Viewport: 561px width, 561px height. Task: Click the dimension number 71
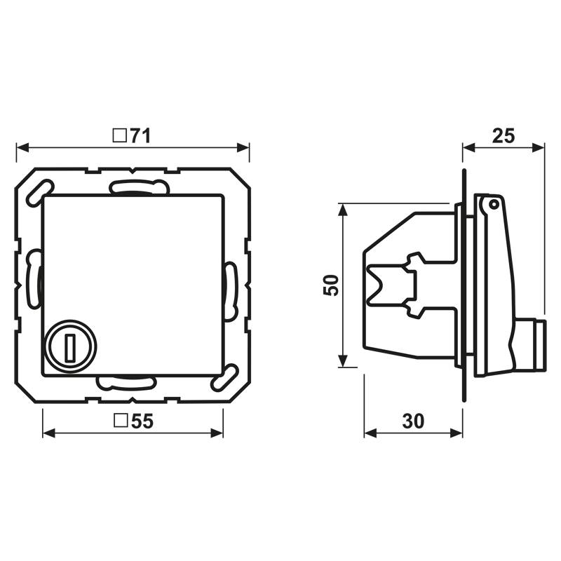[x=141, y=135]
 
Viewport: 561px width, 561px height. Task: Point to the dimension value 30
[x=413, y=421]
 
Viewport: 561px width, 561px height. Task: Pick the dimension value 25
[x=503, y=135]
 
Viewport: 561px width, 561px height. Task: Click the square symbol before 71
[x=120, y=135]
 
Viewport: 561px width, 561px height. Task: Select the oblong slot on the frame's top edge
[x=139, y=187]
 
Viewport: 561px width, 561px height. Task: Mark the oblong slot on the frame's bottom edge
[x=126, y=382]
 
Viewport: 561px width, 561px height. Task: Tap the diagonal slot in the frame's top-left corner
[x=39, y=191]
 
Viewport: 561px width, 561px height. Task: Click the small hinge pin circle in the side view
[x=493, y=204]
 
